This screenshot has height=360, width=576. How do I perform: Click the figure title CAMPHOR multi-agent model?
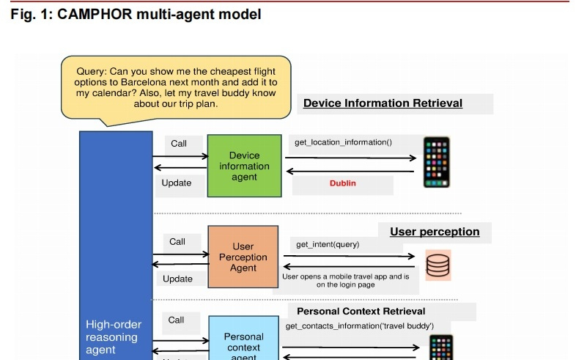tap(136, 15)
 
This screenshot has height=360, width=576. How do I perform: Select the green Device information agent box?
tap(244, 166)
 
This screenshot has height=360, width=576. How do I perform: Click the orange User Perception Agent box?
tap(243, 257)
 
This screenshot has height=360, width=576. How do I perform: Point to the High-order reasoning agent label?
tap(114, 337)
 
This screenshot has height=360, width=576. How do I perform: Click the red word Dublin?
tap(342, 183)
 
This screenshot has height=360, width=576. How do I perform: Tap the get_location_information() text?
tap(343, 142)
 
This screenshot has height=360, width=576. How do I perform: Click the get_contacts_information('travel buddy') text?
tap(359, 326)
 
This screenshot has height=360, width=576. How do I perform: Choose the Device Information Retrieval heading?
tap(383, 103)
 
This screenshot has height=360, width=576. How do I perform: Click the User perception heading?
tap(435, 232)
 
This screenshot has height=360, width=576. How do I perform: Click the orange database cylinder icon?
tap(438, 265)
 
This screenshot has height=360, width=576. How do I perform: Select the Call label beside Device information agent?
tap(179, 144)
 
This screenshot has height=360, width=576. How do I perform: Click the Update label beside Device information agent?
tap(177, 183)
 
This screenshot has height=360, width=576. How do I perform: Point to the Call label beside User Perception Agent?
tap(177, 241)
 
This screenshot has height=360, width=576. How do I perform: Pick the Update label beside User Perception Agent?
tap(177, 279)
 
